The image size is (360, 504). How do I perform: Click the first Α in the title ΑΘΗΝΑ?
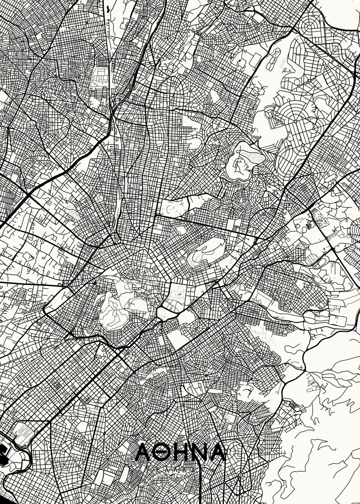(x=145, y=452)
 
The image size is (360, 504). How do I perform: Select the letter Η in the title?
(x=181, y=452)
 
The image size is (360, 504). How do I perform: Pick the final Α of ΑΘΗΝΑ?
(x=217, y=452)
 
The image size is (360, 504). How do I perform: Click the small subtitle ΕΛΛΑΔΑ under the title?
(x=181, y=465)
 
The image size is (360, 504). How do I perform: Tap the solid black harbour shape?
(x=3, y=456)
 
